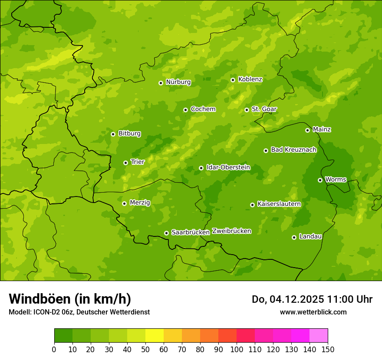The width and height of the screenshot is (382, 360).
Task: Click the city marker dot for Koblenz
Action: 233,80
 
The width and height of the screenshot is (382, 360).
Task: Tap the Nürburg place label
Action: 178,82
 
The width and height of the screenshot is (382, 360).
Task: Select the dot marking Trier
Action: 126,163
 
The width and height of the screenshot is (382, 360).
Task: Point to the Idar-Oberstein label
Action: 228,167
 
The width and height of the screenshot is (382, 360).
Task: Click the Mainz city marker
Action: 308,130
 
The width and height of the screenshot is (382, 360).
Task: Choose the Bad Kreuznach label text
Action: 293,150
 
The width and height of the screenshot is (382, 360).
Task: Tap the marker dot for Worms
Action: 320,180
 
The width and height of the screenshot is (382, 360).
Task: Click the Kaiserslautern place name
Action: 279,204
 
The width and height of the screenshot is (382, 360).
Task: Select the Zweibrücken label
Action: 231,231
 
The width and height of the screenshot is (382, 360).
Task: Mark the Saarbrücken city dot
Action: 166,233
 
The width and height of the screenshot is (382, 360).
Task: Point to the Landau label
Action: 310,236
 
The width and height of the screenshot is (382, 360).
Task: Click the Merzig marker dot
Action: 125,203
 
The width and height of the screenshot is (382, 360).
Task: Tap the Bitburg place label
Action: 129,134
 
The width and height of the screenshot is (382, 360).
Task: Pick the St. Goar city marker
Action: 247,110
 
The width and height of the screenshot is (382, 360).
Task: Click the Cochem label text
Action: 203,109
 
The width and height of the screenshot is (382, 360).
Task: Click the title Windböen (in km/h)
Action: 70,299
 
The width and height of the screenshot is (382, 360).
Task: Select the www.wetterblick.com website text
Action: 313,312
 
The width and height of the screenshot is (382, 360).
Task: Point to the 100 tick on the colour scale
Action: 237,349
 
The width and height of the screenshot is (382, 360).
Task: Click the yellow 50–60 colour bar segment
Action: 154,336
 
